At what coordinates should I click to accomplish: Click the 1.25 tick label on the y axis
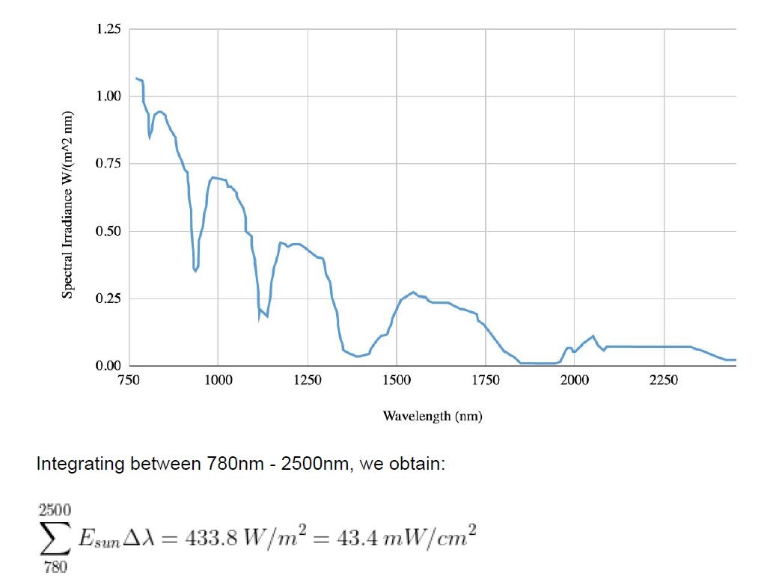point(108,29)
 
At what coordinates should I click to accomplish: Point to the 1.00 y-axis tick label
point(108,96)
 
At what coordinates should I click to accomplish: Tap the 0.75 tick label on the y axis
point(108,163)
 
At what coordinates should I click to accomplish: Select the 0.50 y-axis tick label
point(108,231)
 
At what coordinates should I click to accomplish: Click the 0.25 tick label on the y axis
point(108,298)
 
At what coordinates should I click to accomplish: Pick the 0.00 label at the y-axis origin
point(108,366)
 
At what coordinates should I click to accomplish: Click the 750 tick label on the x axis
point(129,380)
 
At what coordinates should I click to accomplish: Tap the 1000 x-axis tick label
point(219,380)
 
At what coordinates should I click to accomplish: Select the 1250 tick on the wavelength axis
point(308,380)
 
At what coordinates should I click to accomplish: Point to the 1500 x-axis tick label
point(397,380)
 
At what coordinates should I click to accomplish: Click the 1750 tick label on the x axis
point(486,380)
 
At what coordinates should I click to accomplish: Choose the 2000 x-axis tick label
point(575,380)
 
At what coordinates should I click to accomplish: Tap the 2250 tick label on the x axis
point(664,380)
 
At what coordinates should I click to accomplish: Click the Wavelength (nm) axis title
point(433,416)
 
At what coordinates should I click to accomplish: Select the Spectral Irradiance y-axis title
point(67,205)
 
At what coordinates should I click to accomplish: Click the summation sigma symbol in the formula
point(55,538)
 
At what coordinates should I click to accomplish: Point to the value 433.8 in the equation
point(211,538)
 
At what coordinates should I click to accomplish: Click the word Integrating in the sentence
point(81,464)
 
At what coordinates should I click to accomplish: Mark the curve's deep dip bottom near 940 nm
point(195,271)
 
